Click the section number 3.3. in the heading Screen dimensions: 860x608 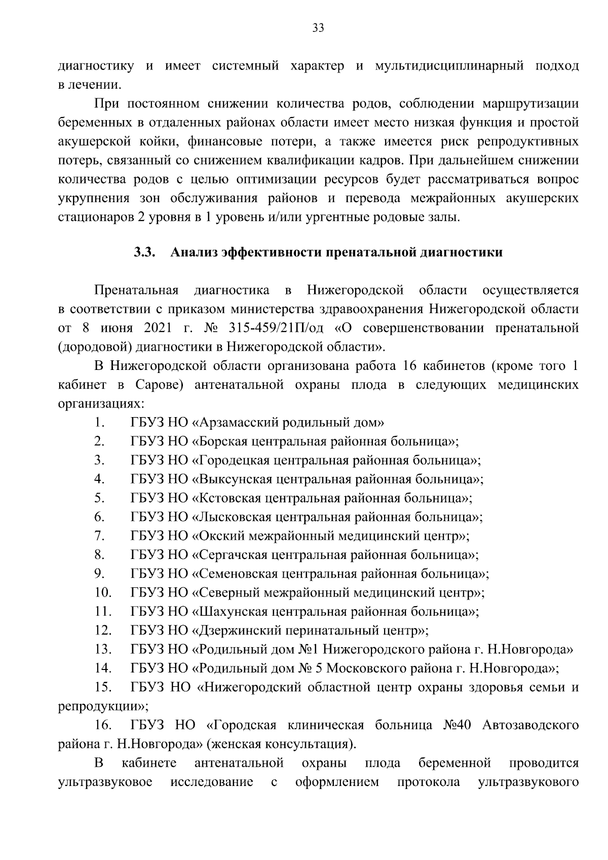144,252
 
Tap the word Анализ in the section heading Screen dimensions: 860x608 192,252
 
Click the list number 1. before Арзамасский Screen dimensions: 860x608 99,422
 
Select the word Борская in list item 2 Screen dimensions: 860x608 221,441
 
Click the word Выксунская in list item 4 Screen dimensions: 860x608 231,479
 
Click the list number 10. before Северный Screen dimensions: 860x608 102,592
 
